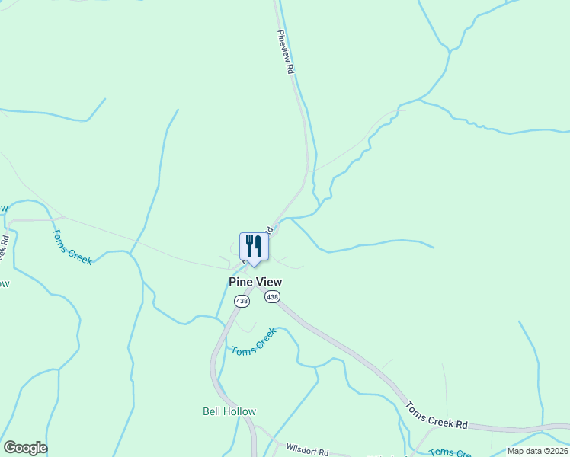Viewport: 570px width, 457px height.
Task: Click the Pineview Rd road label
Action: (286, 52)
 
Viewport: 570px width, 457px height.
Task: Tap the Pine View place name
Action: (255, 282)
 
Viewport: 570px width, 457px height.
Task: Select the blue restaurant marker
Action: (255, 248)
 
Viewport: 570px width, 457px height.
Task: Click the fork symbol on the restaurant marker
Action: (249, 245)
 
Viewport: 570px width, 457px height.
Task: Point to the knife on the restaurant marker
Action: (259, 245)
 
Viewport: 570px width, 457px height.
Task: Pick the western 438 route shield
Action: (242, 302)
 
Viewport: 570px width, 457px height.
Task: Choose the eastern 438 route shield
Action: (272, 296)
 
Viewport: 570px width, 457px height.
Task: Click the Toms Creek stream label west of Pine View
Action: (72, 247)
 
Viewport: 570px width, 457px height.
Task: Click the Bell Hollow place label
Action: (229, 411)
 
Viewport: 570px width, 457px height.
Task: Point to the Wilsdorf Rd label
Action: (306, 450)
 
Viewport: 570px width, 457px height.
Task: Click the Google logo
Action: (25, 448)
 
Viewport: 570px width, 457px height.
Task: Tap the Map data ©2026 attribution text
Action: (537, 451)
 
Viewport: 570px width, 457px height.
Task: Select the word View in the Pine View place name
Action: (268, 282)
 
